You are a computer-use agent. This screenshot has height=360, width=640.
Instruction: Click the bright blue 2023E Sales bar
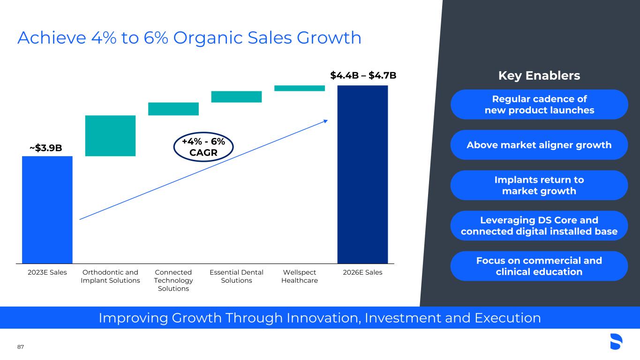click(x=47, y=210)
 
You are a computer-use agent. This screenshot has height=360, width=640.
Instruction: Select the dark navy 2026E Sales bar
click(x=362, y=174)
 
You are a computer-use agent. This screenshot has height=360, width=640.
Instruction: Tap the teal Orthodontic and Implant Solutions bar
click(x=110, y=136)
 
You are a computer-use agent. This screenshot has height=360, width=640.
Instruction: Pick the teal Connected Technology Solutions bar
click(x=173, y=109)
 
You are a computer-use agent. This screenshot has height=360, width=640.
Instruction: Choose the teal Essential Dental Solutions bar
click(x=236, y=97)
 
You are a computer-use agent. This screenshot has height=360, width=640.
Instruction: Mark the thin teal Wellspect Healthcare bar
click(x=300, y=88)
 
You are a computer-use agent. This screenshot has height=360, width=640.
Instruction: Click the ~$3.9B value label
click(x=46, y=148)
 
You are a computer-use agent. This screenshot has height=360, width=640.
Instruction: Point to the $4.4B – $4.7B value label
click(x=363, y=75)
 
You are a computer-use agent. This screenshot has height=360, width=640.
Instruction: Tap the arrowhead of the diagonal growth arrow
click(x=326, y=121)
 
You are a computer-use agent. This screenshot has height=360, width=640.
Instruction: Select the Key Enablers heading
click(x=539, y=76)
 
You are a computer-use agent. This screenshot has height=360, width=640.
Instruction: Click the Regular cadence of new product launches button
click(x=539, y=104)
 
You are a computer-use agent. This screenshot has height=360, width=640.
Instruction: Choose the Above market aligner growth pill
click(x=539, y=145)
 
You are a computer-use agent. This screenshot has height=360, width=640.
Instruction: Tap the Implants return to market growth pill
click(x=539, y=185)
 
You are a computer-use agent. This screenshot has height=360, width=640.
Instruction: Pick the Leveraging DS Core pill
click(x=539, y=226)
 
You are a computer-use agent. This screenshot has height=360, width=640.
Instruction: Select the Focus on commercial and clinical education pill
click(x=539, y=266)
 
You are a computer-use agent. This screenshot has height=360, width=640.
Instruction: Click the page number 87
click(x=21, y=347)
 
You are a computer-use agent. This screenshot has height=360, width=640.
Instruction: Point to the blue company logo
click(x=616, y=341)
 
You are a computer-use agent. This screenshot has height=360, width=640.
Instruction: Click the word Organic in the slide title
click(x=208, y=38)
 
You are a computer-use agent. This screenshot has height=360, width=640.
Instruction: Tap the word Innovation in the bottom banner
click(x=324, y=318)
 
